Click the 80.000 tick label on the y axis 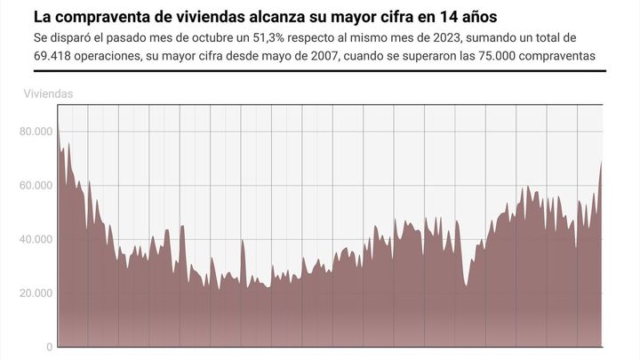click(36, 132)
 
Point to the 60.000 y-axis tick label click(36, 185)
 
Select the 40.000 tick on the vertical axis click(36, 239)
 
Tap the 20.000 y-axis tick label click(36, 292)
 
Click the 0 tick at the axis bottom click(50, 347)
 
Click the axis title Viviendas click(49, 93)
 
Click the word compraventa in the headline click(98, 17)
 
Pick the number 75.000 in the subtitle click(482, 58)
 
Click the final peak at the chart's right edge click(602, 162)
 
